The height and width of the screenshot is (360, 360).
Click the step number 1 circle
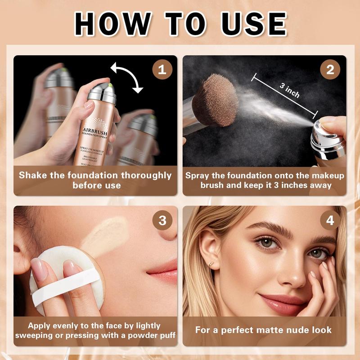[162, 71]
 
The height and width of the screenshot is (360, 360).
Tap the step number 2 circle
[330, 71]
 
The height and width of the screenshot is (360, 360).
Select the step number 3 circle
[162, 220]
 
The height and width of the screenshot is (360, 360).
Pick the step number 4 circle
[330, 220]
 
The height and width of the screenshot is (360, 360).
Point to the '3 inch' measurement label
[289, 90]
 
